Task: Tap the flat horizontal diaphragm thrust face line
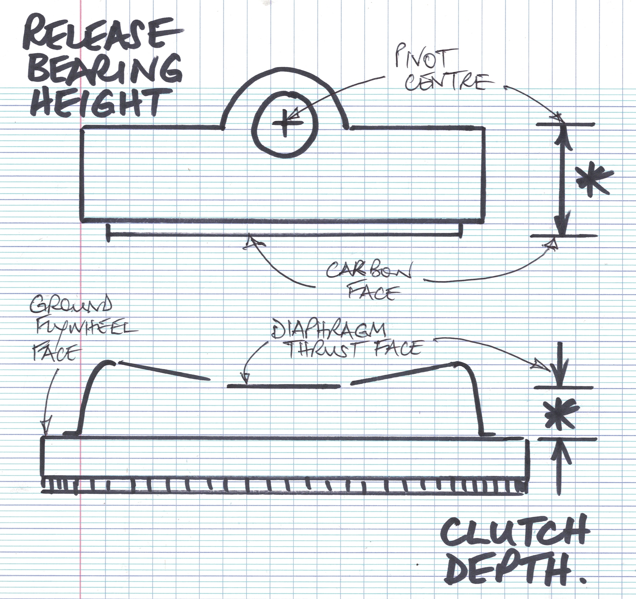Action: pyautogui.click(x=283, y=386)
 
